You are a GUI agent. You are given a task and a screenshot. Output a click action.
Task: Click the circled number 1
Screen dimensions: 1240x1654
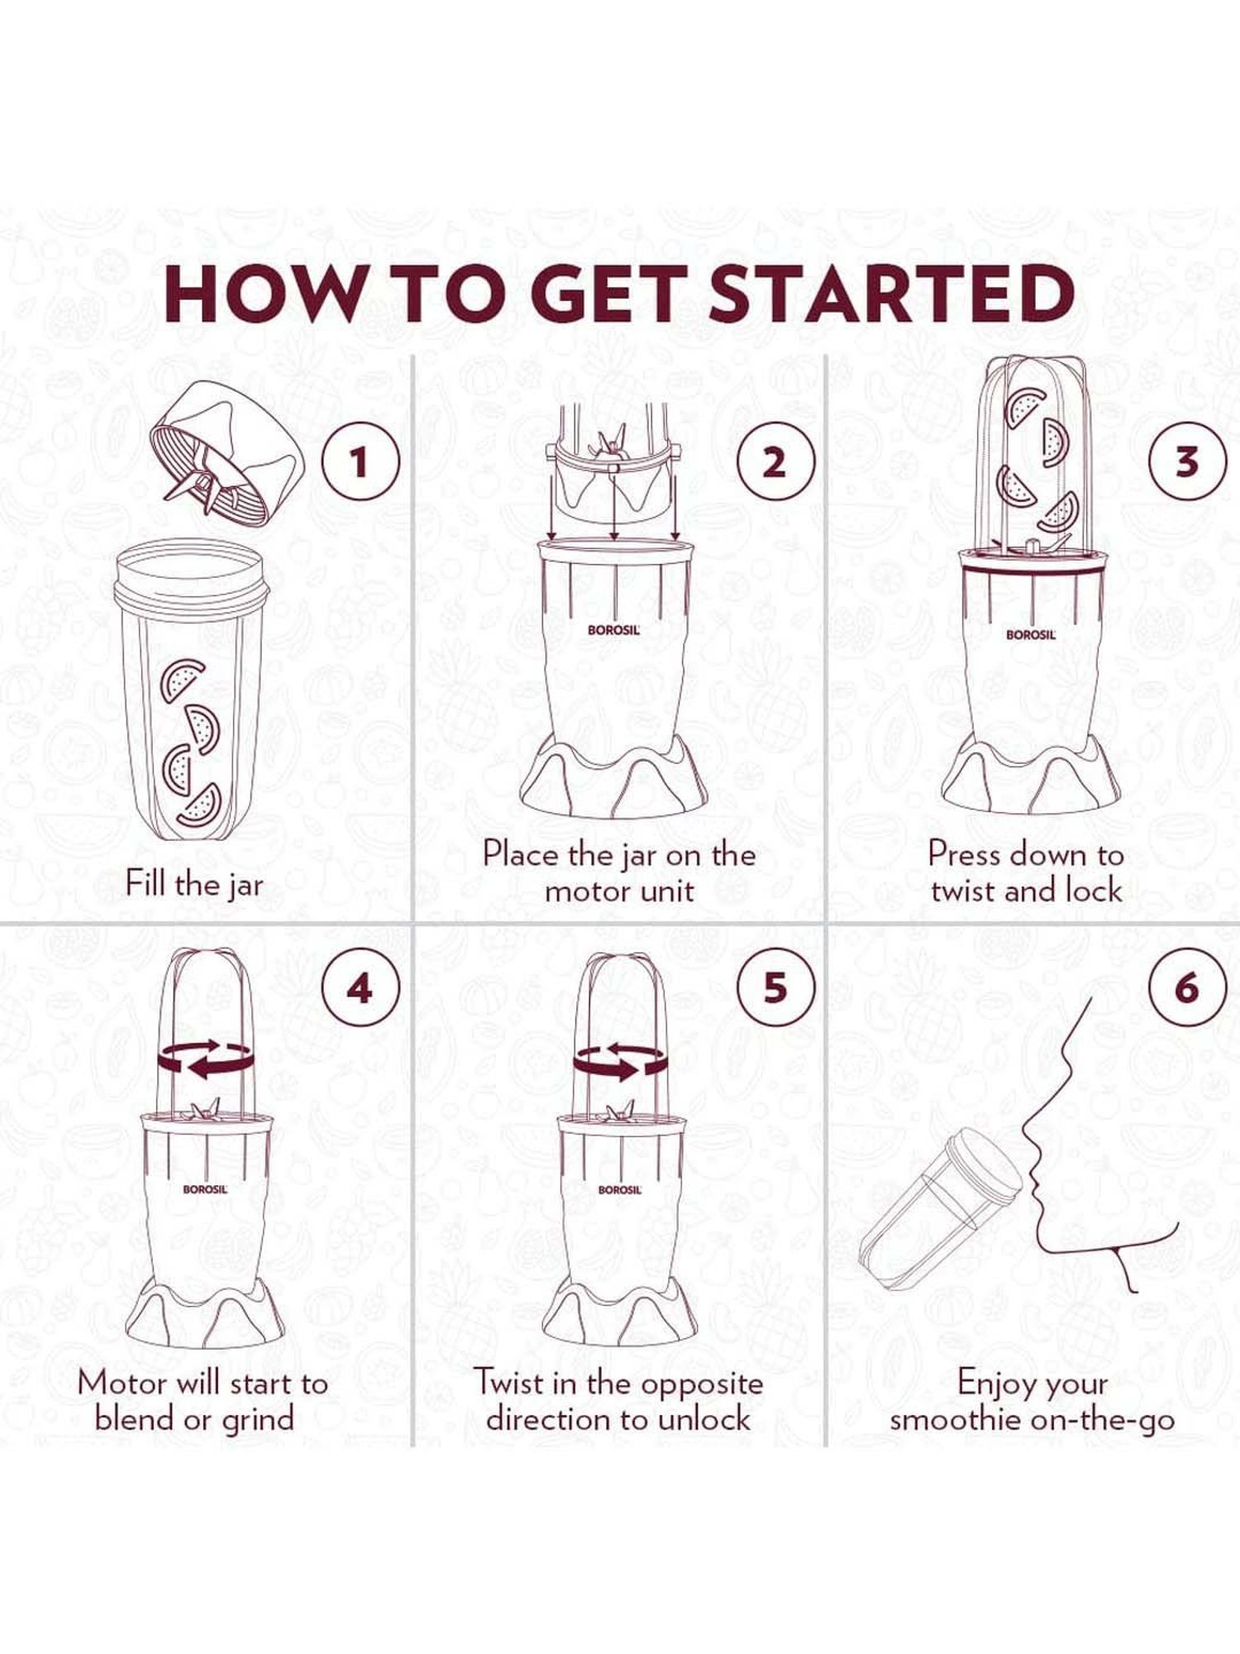coord(359,461)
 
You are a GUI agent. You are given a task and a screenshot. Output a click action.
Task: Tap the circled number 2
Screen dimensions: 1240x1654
coord(774,461)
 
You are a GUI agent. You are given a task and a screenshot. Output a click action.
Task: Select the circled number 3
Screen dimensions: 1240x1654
coord(1187,461)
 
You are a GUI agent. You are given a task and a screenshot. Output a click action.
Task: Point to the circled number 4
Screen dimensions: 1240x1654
coord(359,987)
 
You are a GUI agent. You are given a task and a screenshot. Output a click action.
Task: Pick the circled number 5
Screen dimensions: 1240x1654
coord(774,987)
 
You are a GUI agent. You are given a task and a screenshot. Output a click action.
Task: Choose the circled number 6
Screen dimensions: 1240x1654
coord(1187,987)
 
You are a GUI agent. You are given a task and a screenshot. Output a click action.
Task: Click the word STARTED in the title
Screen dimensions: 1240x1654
coord(891,294)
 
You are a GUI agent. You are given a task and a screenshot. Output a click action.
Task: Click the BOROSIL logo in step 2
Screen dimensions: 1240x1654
coord(614,629)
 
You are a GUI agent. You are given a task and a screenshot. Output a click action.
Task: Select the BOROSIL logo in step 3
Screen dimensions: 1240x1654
coord(1031,635)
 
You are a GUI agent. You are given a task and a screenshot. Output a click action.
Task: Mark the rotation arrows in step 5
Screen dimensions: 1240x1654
coord(620,1059)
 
